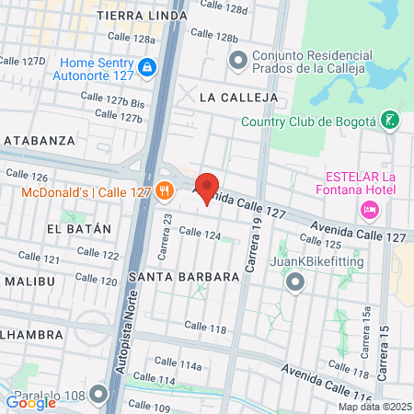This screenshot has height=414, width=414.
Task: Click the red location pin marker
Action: point(207,188)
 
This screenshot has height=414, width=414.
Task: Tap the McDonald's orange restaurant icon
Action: point(165,192)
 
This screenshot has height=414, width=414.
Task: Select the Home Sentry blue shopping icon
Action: point(147,67)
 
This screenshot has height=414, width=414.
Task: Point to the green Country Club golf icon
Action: point(391,121)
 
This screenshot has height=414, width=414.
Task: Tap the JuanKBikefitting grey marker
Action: point(294,282)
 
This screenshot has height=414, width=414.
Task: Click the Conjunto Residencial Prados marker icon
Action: point(238,61)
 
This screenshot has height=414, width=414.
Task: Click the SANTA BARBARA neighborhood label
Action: point(173,277)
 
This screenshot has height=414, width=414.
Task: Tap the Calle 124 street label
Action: point(201,236)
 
